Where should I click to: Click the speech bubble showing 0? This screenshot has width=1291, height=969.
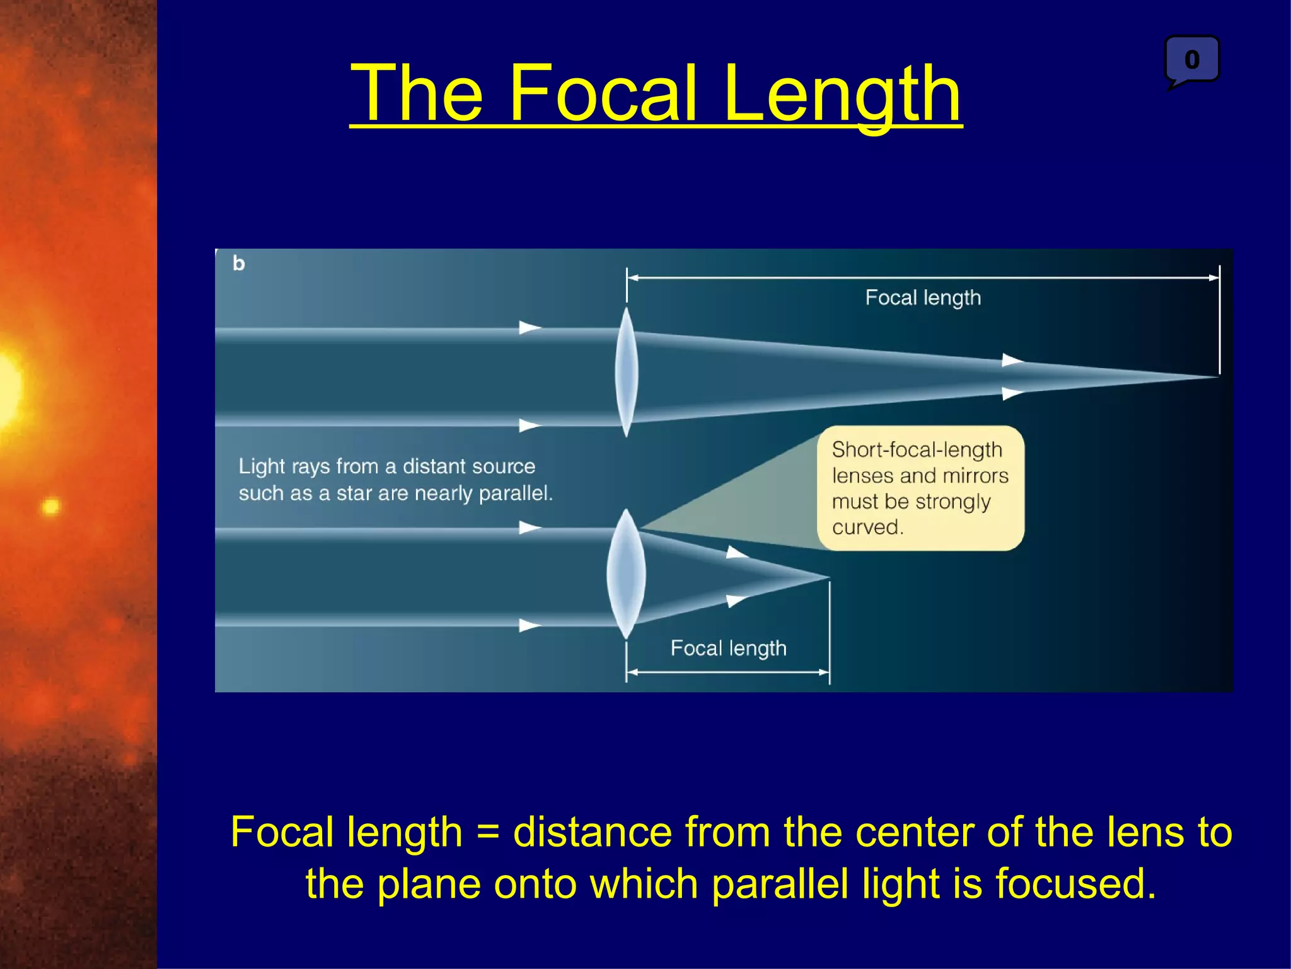pyautogui.click(x=1191, y=60)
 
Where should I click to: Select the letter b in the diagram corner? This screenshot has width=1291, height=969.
pyautogui.click(x=238, y=263)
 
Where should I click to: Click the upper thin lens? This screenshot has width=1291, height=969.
pyautogui.click(x=626, y=372)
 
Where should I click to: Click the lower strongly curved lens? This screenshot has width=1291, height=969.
pyautogui.click(x=625, y=574)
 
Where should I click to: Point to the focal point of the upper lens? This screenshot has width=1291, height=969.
pyautogui.click(x=1217, y=377)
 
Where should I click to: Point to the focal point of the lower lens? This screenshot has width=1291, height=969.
pyautogui.click(x=828, y=577)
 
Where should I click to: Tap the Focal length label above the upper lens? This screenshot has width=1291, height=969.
pyautogui.click(x=923, y=298)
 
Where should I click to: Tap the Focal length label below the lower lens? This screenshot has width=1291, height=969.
pyautogui.click(x=728, y=648)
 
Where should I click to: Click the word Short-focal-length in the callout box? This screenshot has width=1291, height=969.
pyautogui.click(x=917, y=450)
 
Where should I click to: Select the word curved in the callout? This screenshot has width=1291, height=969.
pyautogui.click(x=867, y=527)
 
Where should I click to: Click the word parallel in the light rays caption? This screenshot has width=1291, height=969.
pyautogui.click(x=515, y=493)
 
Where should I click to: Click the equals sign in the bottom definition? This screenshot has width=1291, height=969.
pyautogui.click(x=488, y=832)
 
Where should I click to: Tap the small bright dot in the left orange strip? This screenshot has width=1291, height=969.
pyautogui.click(x=50, y=506)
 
